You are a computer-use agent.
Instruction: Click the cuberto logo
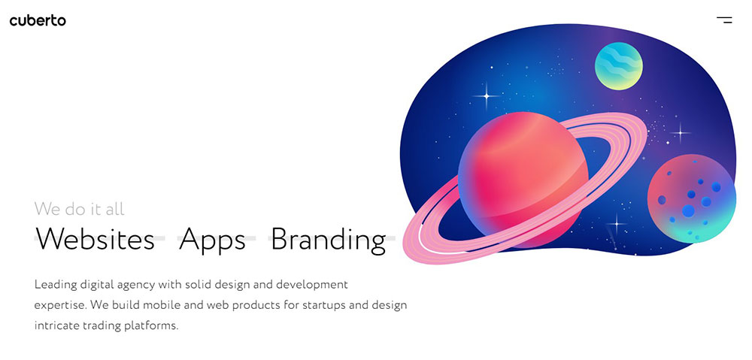(x=38, y=20)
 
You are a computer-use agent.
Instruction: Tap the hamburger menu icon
(x=725, y=20)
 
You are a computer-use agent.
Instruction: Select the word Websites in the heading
(x=95, y=239)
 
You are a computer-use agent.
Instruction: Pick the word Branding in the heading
(x=328, y=241)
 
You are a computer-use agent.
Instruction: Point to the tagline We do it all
(x=79, y=209)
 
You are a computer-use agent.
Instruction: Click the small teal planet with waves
(x=619, y=66)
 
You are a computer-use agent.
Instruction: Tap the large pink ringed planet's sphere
(x=523, y=178)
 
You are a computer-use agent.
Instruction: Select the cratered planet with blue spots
(x=692, y=198)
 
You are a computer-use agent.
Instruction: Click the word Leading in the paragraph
(x=56, y=286)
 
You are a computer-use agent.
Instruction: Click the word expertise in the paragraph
(x=60, y=306)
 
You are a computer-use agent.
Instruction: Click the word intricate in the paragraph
(x=56, y=326)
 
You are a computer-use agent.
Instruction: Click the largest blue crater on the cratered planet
(x=689, y=210)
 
